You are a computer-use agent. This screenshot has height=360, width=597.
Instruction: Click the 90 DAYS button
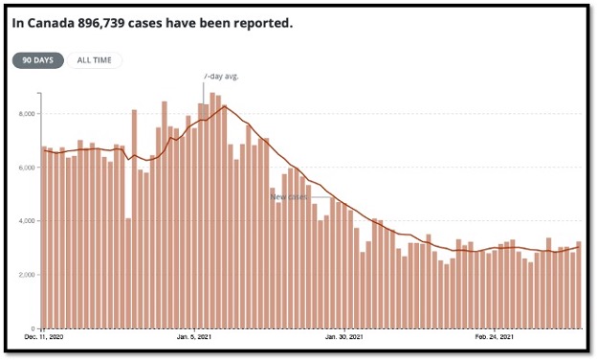pos(38,60)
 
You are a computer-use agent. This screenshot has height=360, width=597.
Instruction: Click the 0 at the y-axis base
pos(32,328)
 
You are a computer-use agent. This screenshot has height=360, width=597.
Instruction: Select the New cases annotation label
pos(290,197)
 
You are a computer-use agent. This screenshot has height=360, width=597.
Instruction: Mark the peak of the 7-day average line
pos(224,106)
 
